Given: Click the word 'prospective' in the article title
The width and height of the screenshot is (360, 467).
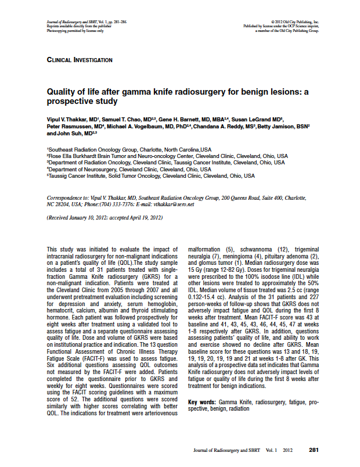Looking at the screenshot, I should (x=68, y=102).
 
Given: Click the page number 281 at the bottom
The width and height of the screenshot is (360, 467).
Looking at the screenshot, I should (x=314, y=450).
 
